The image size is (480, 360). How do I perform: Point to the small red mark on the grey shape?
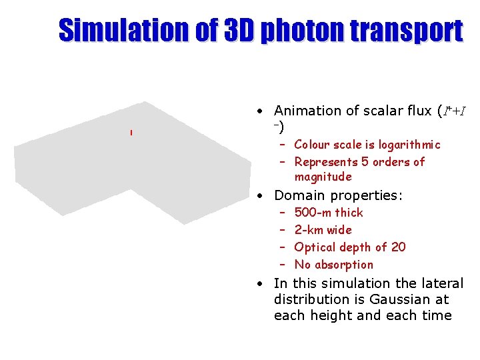(131, 133)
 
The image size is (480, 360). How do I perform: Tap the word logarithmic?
(409, 145)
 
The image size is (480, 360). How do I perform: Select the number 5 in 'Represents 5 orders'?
(366, 162)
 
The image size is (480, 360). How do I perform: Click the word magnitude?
(323, 177)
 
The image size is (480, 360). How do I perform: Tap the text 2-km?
(308, 230)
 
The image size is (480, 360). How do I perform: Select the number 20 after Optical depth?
(398, 247)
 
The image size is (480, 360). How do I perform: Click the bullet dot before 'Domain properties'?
(263, 196)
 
